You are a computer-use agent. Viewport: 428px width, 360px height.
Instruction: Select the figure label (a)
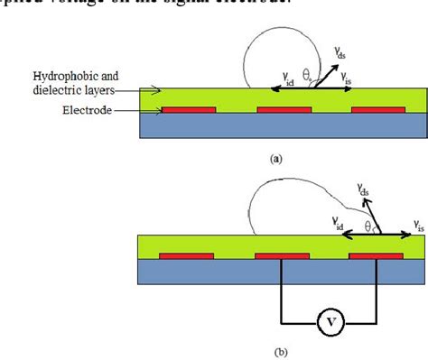[276, 156]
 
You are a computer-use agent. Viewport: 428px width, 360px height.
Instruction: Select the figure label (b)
[283, 353]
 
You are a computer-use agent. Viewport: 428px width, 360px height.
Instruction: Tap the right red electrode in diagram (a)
[377, 110]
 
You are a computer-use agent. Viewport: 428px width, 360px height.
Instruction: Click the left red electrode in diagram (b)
[187, 255]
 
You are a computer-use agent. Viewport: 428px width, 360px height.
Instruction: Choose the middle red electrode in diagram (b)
[282, 255]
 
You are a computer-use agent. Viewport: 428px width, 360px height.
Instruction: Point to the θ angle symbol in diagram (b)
[368, 224]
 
